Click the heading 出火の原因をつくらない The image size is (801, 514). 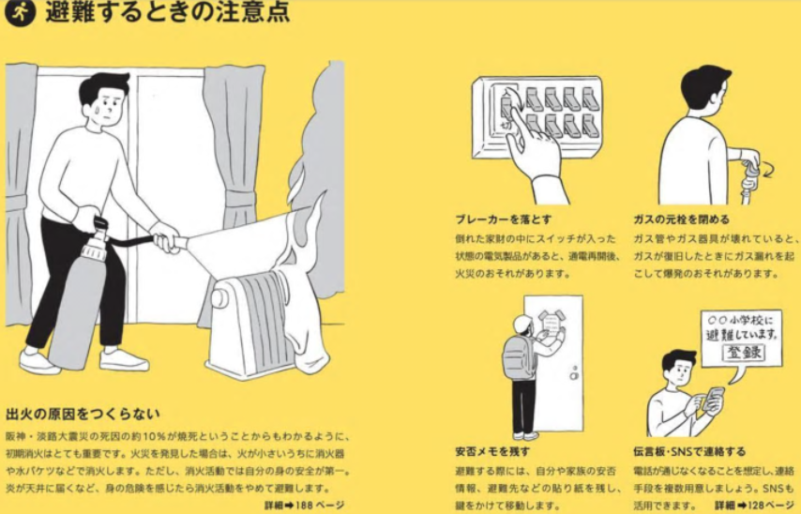tap(83, 414)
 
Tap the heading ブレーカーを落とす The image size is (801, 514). tap(504, 219)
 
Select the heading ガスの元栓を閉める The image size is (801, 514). tap(682, 219)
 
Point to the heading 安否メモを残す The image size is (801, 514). tap(492, 451)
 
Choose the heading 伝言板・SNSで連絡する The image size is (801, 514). tap(689, 451)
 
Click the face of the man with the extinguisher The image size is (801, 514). tap(108, 105)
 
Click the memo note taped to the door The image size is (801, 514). tap(552, 325)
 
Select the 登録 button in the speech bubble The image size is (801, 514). tap(744, 352)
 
